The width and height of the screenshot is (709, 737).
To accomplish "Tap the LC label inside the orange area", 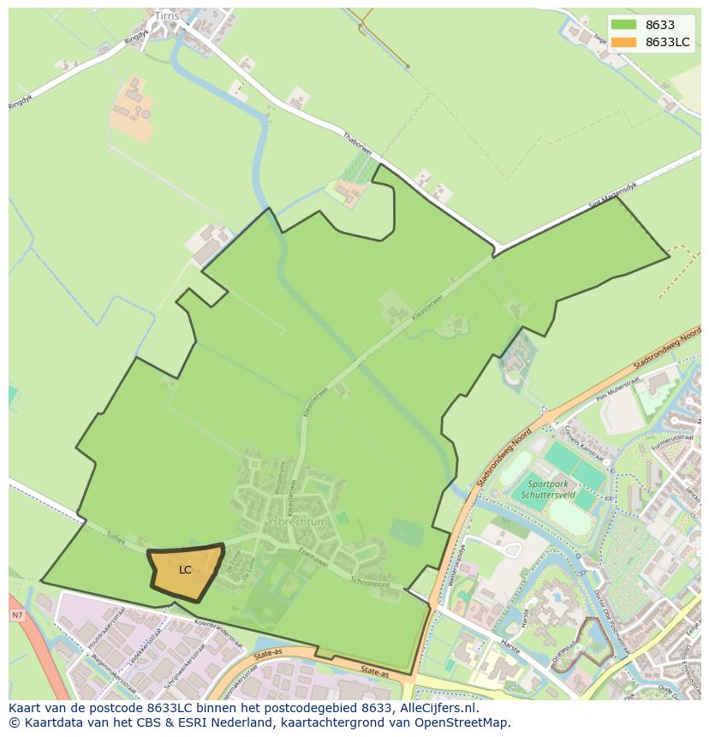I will point(185,570).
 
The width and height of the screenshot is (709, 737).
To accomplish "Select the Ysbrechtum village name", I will point(296,522).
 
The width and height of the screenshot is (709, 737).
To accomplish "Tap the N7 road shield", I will point(17,615).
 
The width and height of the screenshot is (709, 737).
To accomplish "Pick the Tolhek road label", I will point(115,541).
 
